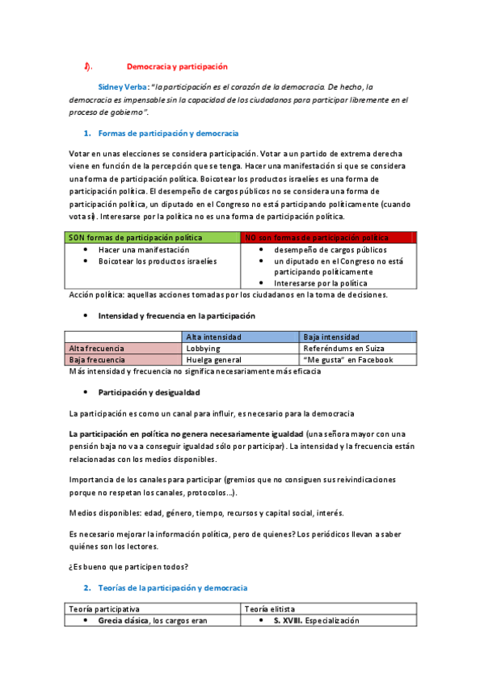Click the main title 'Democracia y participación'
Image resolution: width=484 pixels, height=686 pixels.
click(177, 66)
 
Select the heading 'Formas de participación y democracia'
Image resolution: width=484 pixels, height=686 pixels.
click(167, 133)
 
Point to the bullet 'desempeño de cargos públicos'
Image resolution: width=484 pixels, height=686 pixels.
click(330, 250)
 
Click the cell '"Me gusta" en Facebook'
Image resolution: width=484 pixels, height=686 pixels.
click(347, 360)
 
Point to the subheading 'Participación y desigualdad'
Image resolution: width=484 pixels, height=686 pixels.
click(149, 392)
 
